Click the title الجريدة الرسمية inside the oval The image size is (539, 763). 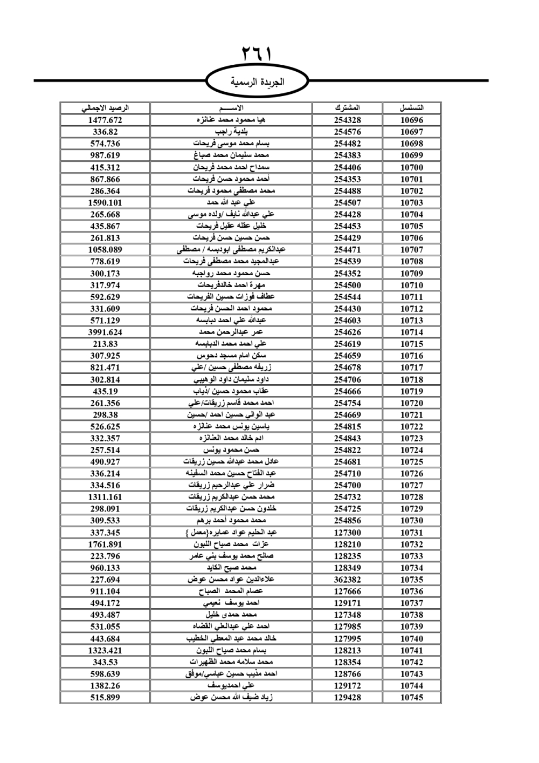click(257, 82)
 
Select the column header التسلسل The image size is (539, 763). click(411, 108)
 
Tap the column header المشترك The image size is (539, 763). click(347, 108)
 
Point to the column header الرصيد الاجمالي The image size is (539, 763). click(105, 108)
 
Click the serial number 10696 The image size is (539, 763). click(411, 120)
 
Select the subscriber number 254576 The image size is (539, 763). click(347, 132)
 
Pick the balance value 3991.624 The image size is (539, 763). click(105, 332)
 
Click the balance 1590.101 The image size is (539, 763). click(105, 203)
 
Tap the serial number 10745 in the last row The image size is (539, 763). click(411, 697)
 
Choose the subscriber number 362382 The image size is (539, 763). click(347, 580)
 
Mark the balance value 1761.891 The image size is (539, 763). click(105, 544)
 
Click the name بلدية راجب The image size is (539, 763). click(232, 132)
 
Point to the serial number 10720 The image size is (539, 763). click(411, 403)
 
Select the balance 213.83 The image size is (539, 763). click(105, 344)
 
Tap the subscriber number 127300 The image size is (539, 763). click(347, 533)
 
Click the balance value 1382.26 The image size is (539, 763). click(105, 686)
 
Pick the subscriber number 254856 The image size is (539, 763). click(347, 521)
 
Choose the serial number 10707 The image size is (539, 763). click(411, 250)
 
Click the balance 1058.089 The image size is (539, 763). click(105, 250)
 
